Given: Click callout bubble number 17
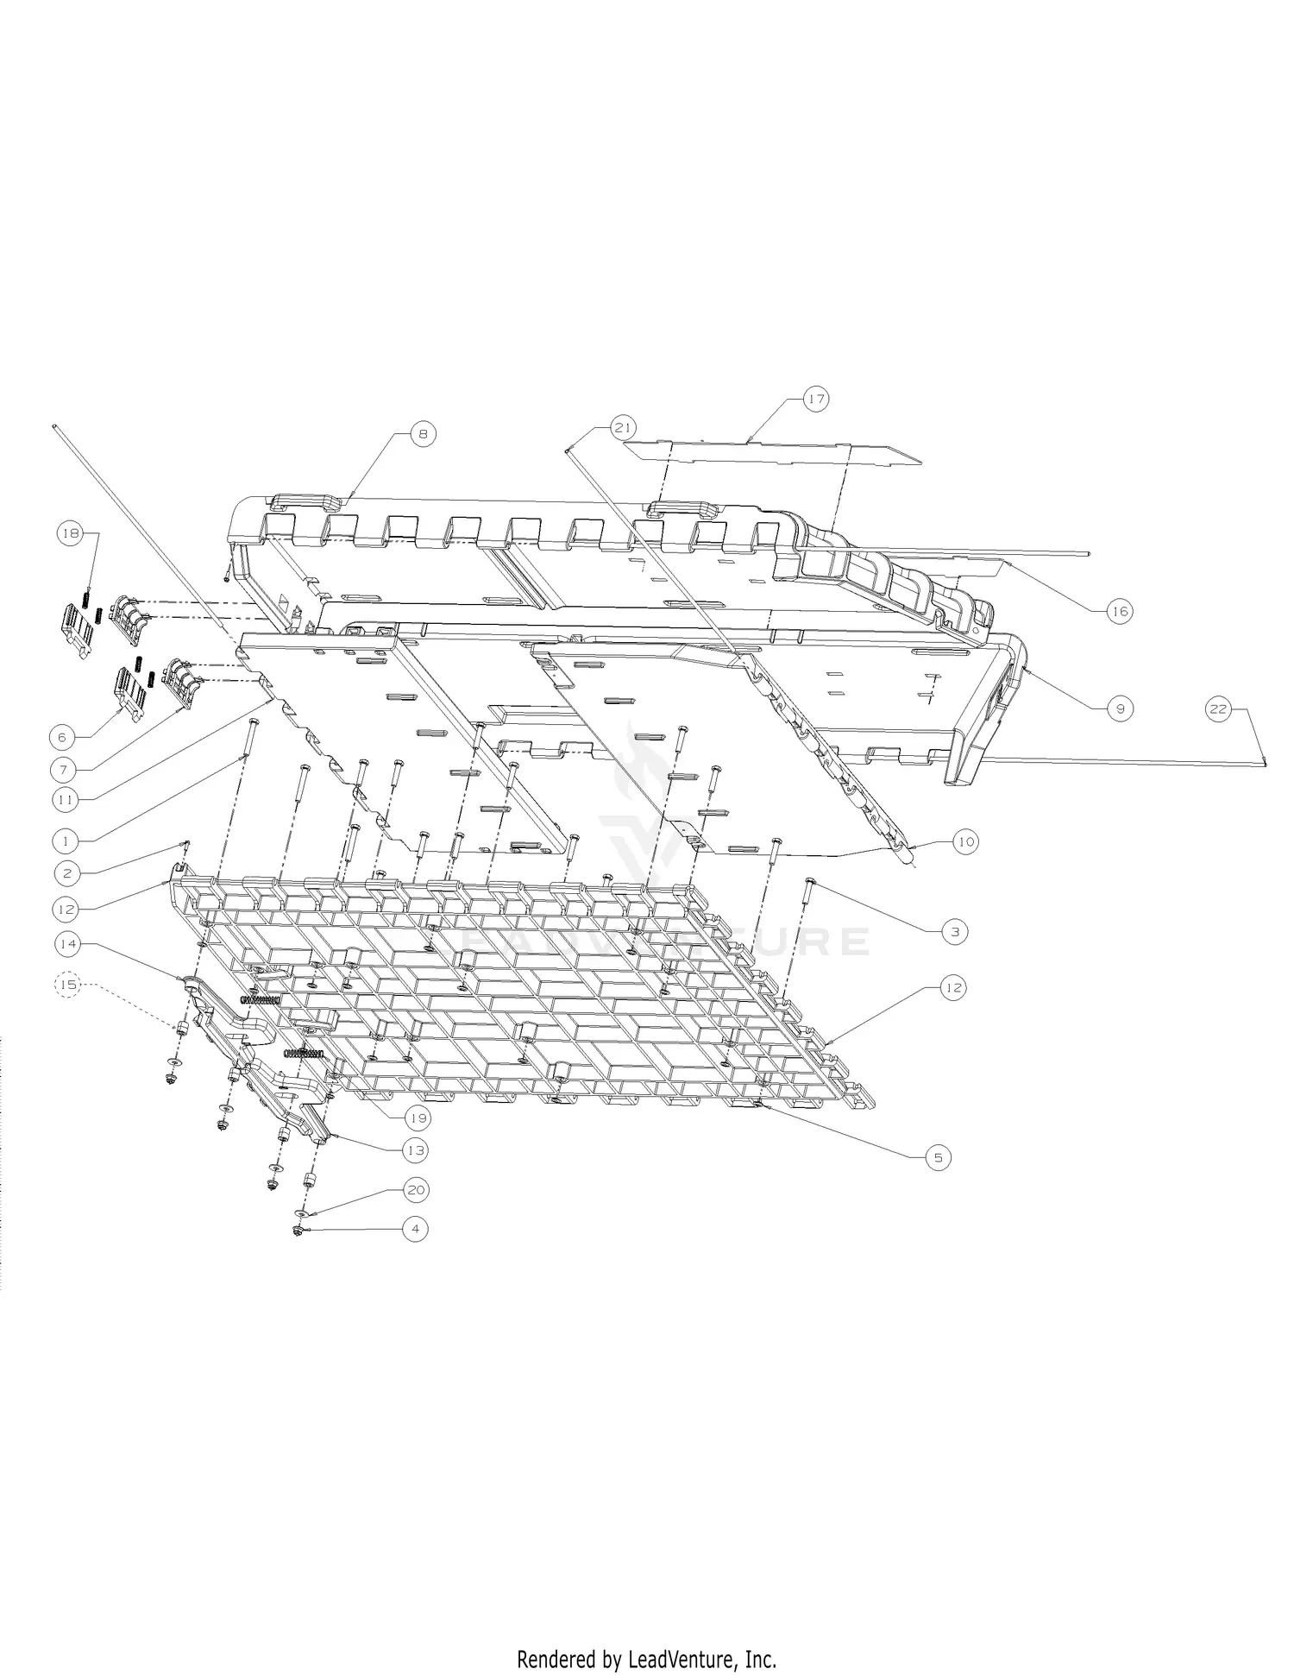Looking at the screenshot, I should pos(816,400).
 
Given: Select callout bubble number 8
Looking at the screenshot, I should pos(423,434).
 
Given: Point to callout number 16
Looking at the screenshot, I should pos(1119,612).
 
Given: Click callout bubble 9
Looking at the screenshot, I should pos(1120,708).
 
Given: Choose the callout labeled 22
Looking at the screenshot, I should pos(1217,709).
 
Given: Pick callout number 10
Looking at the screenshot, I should pos(965,841).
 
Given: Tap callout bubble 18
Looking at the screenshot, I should pos(70,534).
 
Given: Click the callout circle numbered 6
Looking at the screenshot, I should pos(62,738).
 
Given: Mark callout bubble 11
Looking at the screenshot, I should pos(64,800).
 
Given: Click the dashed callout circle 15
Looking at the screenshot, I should pos(67,984).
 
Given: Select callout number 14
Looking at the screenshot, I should pos(67,944).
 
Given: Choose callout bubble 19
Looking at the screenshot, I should pos(418,1118).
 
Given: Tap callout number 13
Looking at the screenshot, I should pos(416,1150).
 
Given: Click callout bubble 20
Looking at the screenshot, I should pos(416,1190).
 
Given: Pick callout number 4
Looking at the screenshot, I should pos(415,1228).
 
